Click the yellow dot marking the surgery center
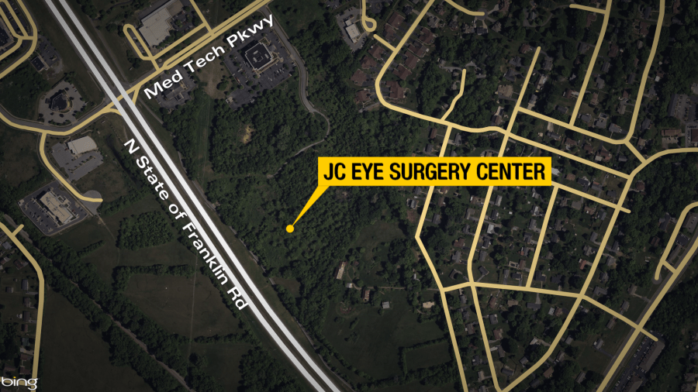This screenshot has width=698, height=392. [x=290, y=229]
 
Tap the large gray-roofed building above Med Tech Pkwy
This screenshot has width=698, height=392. [x=161, y=22]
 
